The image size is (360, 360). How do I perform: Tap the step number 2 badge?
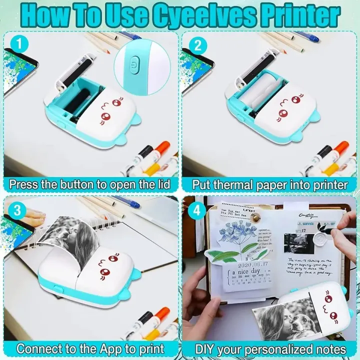click(197, 45)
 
